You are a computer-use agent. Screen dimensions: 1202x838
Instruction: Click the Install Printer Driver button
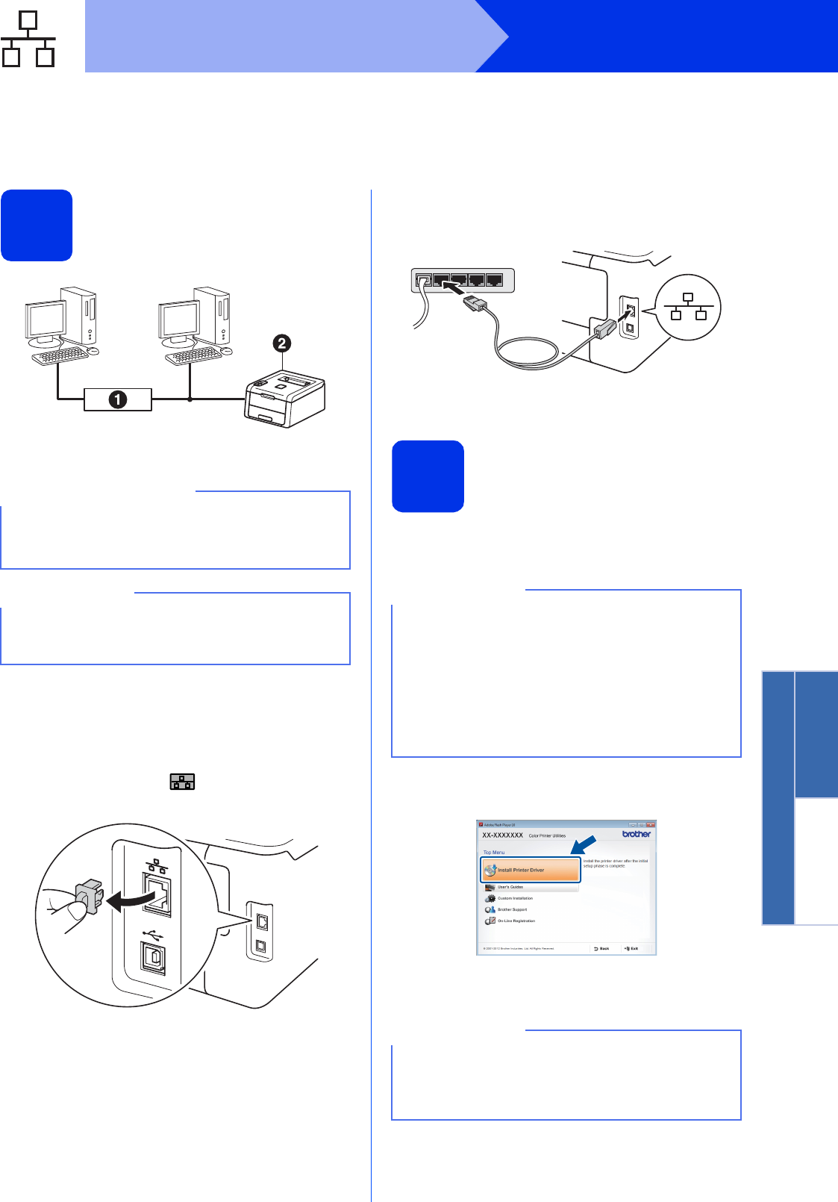click(531, 870)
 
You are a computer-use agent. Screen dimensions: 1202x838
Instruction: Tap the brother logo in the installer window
click(637, 834)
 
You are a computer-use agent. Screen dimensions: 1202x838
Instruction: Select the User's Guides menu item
click(510, 887)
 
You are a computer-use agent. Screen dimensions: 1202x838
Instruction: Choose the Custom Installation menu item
click(515, 898)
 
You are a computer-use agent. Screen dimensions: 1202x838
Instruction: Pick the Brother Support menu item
click(512, 909)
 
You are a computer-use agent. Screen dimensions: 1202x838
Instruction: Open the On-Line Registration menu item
click(516, 921)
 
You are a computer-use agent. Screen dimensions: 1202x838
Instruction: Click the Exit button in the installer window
click(631, 948)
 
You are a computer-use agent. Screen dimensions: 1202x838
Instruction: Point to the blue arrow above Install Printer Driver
click(584, 844)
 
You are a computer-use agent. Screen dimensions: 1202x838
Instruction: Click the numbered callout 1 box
click(118, 399)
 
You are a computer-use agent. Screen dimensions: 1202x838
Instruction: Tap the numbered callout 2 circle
click(281, 343)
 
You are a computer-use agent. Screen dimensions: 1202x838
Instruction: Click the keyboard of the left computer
click(60, 357)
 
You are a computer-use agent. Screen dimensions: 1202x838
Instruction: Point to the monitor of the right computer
click(178, 320)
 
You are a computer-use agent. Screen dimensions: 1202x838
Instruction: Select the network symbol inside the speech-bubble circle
click(688, 307)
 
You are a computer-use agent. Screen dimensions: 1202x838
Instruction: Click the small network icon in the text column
click(182, 782)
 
